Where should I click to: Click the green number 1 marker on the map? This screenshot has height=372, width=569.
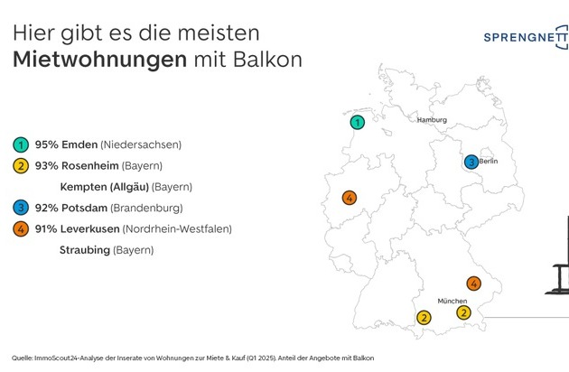(358, 123)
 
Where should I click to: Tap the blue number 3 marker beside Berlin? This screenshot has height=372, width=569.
(471, 162)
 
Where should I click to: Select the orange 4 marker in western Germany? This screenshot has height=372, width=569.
(350, 198)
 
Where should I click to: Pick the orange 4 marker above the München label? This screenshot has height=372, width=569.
(474, 284)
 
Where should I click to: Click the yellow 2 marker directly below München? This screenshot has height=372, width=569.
(463, 312)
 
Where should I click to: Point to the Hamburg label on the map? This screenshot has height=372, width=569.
(432, 120)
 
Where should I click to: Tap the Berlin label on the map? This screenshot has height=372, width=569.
(489, 161)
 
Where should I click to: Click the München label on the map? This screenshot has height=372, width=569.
(452, 301)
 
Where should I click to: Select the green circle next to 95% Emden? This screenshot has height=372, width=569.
(21, 144)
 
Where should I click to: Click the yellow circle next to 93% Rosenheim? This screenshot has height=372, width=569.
(21, 166)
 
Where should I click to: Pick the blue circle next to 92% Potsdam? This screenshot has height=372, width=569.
(21, 208)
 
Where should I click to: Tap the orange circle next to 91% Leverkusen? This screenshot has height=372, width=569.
(21, 229)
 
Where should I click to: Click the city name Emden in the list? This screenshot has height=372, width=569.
(79, 144)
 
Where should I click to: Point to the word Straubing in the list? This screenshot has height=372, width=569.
(85, 250)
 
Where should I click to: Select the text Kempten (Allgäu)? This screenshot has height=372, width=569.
(105, 187)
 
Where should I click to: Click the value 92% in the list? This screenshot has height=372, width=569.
(46, 208)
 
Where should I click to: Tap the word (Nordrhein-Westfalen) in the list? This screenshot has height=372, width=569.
(177, 229)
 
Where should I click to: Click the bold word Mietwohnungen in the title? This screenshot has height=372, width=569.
(99, 60)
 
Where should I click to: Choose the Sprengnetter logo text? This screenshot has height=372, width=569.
(526, 37)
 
